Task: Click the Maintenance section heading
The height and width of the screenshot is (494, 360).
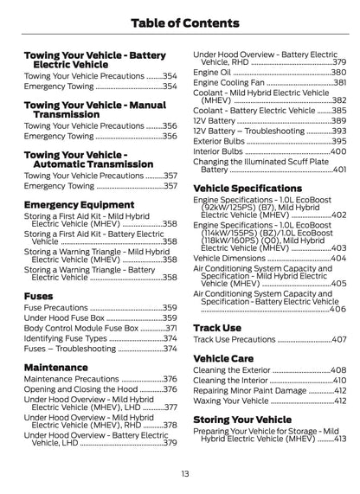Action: [x=61, y=366]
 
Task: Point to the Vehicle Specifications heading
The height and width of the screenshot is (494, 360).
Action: [x=247, y=188]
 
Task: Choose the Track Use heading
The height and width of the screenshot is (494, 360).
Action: [x=217, y=328]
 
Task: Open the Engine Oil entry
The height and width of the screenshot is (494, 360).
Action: [x=212, y=74]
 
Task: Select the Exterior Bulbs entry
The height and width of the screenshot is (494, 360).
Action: [x=224, y=141]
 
